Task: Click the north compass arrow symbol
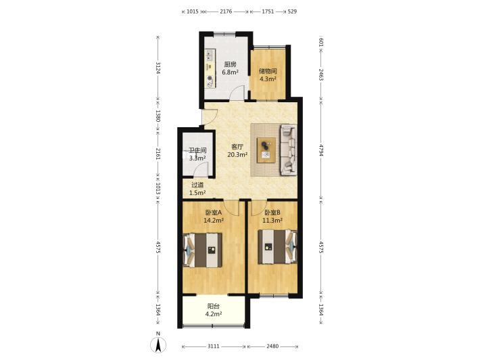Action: click(158, 345)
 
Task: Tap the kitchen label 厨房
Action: click(231, 64)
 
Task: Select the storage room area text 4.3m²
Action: click(268, 79)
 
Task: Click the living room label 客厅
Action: click(237, 147)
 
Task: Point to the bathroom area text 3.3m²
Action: click(197, 158)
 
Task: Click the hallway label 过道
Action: click(197, 185)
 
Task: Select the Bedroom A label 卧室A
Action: click(214, 212)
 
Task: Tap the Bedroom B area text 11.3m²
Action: click(272, 221)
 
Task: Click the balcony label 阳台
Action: click(214, 306)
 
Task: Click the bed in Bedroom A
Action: click(203, 250)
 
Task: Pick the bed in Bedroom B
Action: click(278, 246)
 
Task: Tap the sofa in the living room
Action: click(289, 150)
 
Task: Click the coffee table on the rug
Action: click(266, 150)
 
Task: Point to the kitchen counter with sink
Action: click(210, 69)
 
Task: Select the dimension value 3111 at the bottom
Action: click(214, 346)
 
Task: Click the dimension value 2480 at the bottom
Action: click(272, 346)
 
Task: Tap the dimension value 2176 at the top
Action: click(226, 12)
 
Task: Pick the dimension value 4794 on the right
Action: click(321, 150)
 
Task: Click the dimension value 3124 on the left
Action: click(158, 68)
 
